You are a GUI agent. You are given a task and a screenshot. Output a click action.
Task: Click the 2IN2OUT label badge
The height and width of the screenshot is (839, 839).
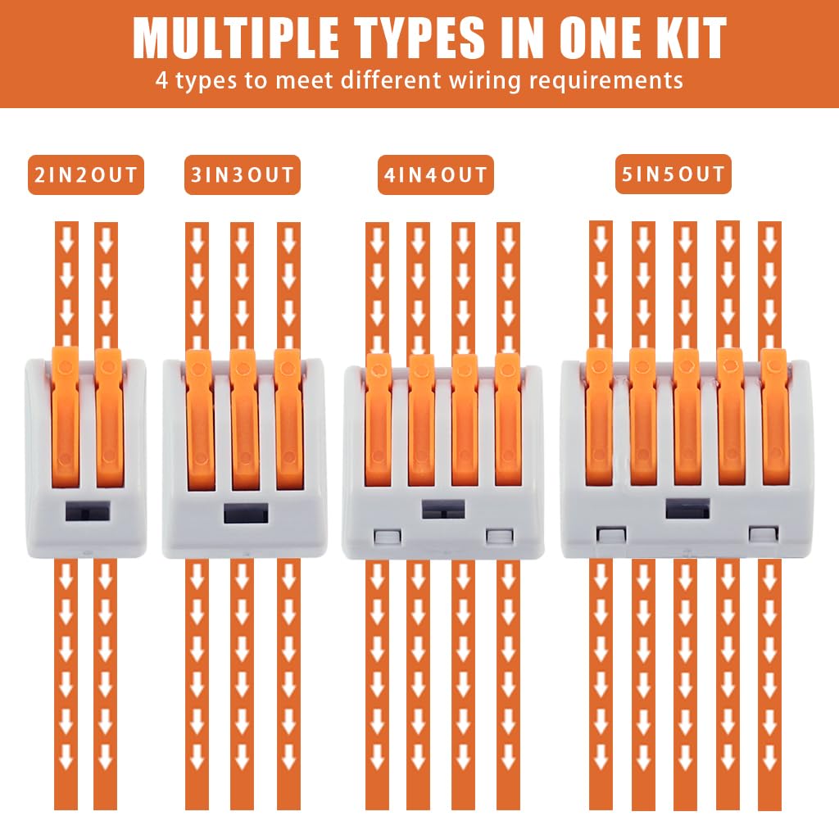pyautogui.click(x=86, y=175)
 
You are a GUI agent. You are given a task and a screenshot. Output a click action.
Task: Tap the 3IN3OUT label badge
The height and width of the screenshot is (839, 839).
pyautogui.click(x=243, y=175)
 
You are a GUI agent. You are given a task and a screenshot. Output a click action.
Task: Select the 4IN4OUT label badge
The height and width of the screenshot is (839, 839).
pyautogui.click(x=436, y=175)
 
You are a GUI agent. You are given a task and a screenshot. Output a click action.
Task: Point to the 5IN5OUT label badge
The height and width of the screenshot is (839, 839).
pyautogui.click(x=673, y=174)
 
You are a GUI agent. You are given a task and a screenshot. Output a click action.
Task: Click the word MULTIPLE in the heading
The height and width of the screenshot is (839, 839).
pyautogui.click(x=236, y=38)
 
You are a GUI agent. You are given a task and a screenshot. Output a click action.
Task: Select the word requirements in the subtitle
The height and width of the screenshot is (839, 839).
pyautogui.click(x=605, y=81)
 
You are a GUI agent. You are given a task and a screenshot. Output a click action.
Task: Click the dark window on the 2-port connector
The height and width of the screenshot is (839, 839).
pyautogui.click(x=88, y=511)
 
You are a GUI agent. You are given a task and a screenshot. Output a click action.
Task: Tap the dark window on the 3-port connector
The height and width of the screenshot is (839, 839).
pyautogui.click(x=246, y=514)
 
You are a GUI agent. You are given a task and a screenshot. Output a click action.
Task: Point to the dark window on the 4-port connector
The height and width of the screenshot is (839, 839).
pyautogui.click(x=443, y=509)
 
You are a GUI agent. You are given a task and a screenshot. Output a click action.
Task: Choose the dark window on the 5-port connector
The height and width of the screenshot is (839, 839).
pyautogui.click(x=687, y=508)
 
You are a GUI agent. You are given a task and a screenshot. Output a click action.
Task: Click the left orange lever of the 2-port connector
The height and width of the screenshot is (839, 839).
pyautogui.click(x=66, y=417)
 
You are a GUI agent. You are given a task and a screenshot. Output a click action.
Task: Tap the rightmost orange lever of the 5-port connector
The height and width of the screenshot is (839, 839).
pyautogui.click(x=773, y=417)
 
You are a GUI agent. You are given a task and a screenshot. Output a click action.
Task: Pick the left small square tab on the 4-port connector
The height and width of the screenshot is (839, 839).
pyautogui.click(x=388, y=537)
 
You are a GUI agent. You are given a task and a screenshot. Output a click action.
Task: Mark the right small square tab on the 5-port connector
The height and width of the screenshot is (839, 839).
pyautogui.click(x=763, y=534)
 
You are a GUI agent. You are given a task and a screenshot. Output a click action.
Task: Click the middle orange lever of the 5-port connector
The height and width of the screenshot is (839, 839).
pyautogui.click(x=687, y=417)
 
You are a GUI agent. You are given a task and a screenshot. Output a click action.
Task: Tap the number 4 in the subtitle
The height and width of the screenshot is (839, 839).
pyautogui.click(x=161, y=81)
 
